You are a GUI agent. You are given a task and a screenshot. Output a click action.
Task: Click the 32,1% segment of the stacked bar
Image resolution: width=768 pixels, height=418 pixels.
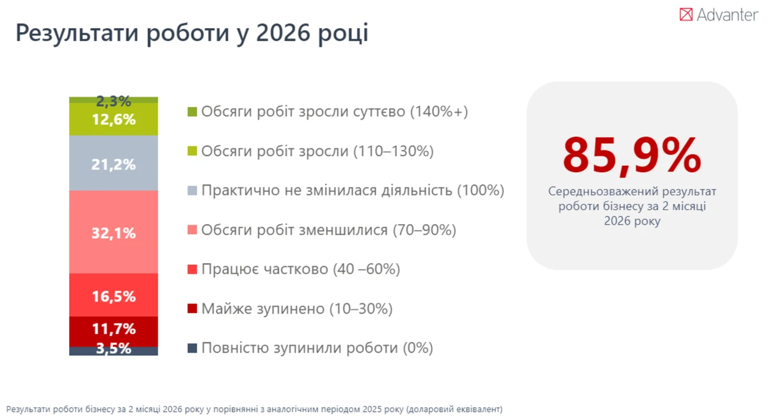[113, 232]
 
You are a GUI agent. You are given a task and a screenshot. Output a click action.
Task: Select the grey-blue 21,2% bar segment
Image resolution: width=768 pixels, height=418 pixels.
[113, 163]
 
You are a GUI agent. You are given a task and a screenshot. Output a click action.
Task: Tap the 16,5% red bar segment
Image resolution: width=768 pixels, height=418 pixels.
[113, 295]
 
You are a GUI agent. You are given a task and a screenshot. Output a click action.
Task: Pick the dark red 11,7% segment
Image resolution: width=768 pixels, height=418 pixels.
[113, 332]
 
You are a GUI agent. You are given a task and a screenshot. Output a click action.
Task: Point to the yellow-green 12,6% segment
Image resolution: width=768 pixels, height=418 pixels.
[113, 119]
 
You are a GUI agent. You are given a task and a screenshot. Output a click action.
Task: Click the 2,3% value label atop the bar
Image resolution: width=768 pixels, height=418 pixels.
[113, 101]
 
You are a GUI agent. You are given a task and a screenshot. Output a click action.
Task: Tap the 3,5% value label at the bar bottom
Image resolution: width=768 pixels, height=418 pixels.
[113, 348]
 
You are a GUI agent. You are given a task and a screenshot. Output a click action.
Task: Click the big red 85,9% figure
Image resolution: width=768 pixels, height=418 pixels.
[632, 156]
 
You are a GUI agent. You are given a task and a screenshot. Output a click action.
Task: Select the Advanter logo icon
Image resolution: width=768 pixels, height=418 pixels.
[686, 14]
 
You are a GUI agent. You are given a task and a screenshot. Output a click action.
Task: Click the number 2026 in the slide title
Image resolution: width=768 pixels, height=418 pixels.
[283, 33]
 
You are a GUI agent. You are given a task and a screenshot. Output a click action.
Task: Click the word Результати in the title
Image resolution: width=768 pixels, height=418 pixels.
[77, 33]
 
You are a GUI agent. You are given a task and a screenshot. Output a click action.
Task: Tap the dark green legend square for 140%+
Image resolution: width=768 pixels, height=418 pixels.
[193, 111]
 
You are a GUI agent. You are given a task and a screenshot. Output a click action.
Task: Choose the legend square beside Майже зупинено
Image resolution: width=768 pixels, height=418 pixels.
[193, 309]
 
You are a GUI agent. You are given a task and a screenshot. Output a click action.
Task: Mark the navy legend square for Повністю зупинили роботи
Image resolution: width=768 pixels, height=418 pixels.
[193, 348]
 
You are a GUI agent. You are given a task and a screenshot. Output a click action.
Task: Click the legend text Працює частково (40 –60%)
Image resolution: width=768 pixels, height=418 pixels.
[301, 269]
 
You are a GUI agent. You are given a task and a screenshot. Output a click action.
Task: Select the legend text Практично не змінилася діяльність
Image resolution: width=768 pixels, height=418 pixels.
[327, 190]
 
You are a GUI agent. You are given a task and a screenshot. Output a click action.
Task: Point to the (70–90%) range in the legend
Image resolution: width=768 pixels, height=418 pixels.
[424, 230]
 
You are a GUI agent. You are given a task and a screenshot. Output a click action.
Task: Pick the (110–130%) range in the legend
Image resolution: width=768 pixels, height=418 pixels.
[394, 151]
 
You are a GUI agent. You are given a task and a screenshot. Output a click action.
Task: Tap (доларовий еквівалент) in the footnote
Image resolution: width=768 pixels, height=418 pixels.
[454, 409]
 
